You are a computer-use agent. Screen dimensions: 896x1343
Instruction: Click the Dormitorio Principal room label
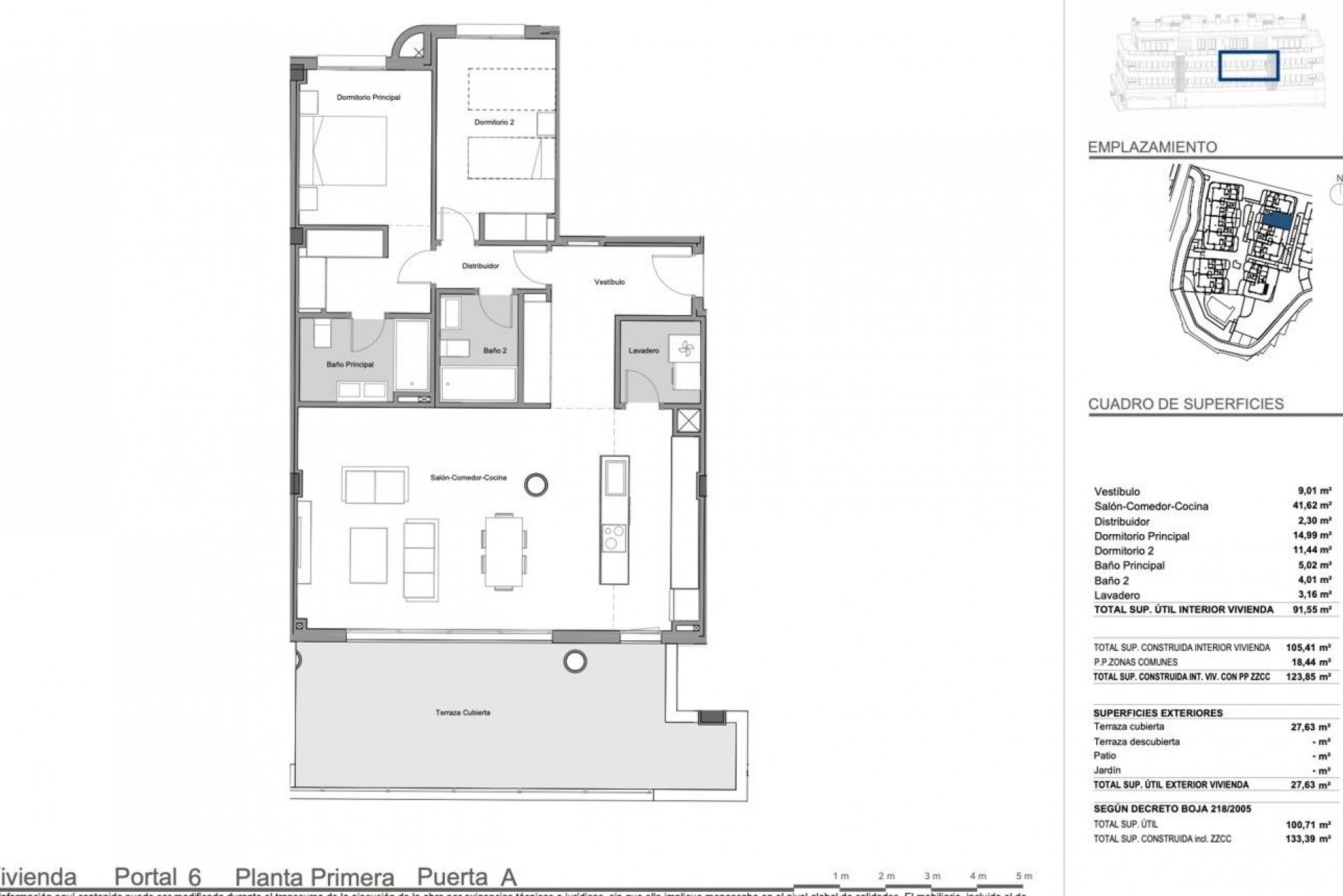click(368, 97)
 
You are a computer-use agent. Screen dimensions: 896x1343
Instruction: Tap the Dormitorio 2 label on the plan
click(494, 122)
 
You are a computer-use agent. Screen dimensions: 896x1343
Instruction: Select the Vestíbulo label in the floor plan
click(609, 282)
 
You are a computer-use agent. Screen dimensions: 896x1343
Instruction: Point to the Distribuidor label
click(480, 266)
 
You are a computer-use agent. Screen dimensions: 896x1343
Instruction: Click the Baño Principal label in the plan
click(350, 365)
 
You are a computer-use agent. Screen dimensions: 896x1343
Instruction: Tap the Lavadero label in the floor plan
click(644, 351)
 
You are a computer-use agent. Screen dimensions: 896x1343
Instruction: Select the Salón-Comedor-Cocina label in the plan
click(468, 477)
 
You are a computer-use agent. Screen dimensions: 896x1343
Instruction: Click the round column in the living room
click(537, 484)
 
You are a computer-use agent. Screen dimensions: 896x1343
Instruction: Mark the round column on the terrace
click(575, 659)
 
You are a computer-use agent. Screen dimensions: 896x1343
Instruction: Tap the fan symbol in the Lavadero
click(683, 348)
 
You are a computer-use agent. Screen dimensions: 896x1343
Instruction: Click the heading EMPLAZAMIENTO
click(1152, 147)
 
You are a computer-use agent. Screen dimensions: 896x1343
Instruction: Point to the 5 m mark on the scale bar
click(1023, 876)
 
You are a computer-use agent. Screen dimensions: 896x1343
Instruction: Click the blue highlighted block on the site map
click(1277, 220)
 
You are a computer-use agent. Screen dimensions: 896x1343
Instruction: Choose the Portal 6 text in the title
click(157, 877)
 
